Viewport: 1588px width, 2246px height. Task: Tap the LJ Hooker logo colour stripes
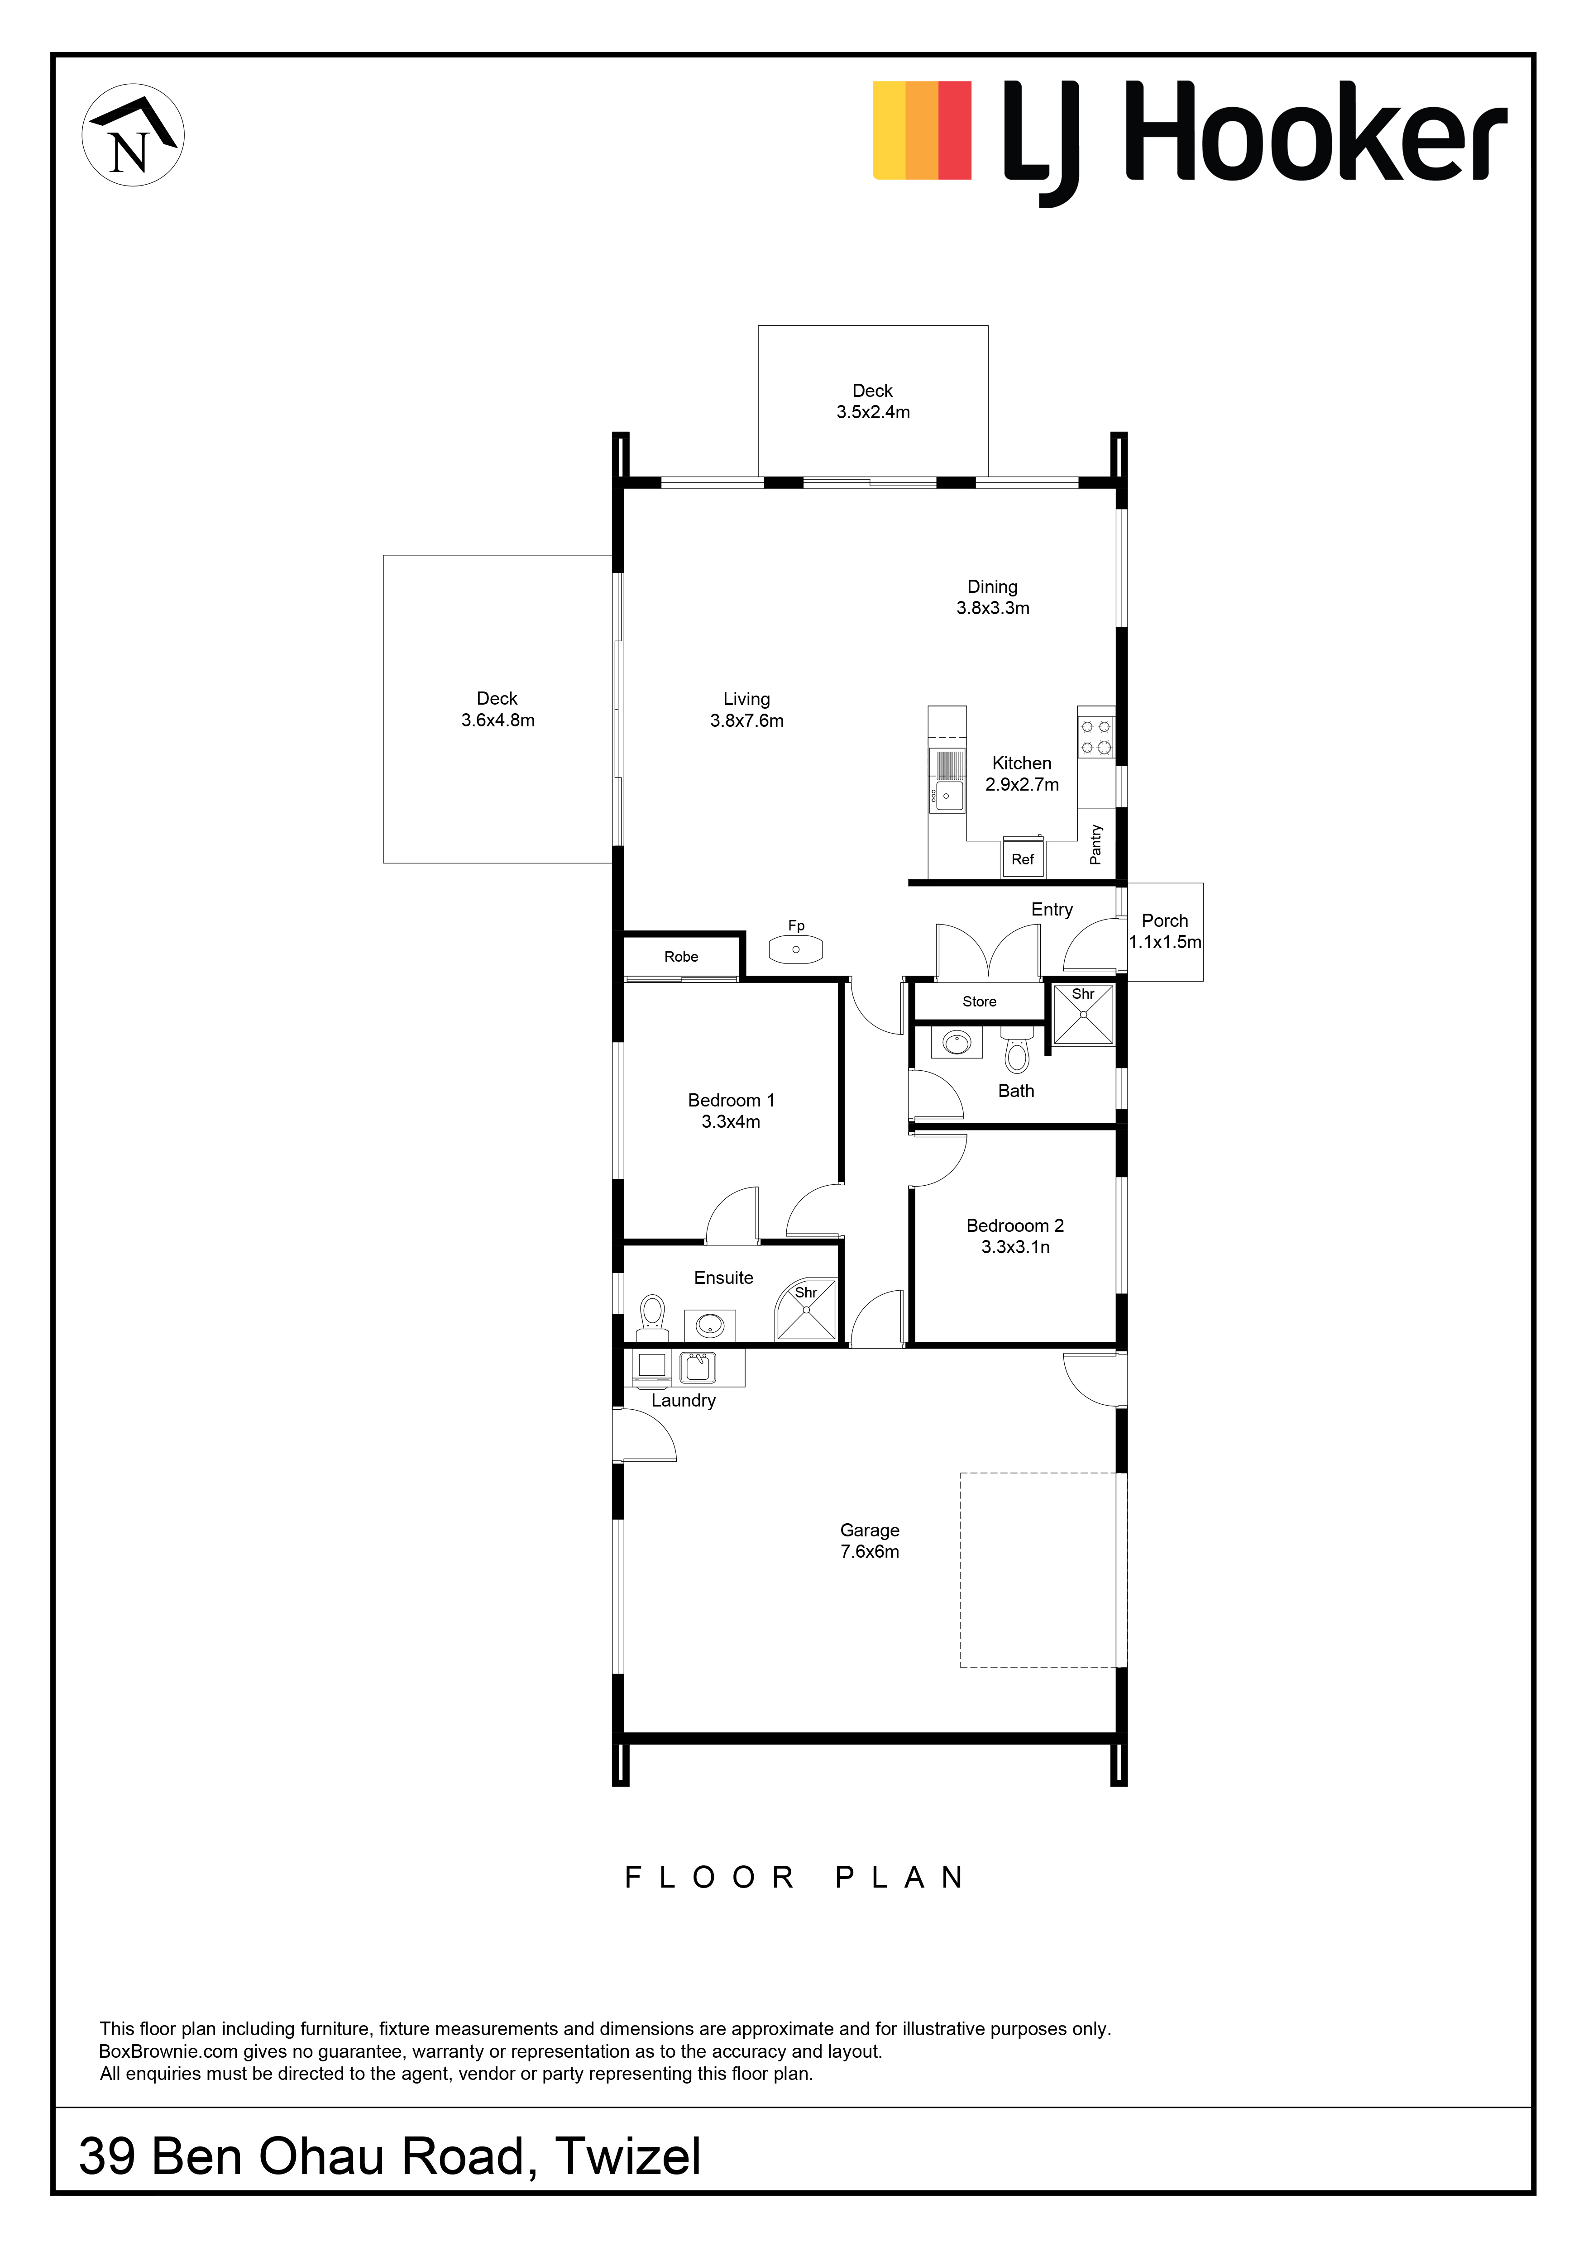[922, 130]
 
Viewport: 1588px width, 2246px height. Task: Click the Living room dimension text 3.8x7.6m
[746, 721]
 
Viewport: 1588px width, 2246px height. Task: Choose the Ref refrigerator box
[1023, 858]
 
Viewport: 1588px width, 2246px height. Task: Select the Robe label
[681, 957]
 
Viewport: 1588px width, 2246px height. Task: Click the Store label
[980, 1001]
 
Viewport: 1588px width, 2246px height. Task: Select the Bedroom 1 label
[731, 1101]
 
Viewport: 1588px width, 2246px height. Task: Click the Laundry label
[683, 1401]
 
